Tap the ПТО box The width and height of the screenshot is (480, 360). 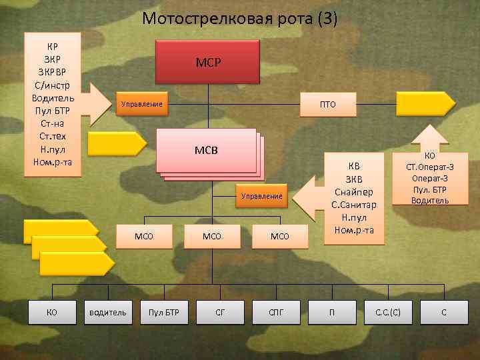(x=328, y=104)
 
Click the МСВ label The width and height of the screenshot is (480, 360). (x=207, y=148)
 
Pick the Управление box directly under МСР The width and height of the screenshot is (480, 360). (x=141, y=104)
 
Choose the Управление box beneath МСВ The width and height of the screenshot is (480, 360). (x=262, y=197)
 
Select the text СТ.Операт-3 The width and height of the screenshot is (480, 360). (x=430, y=167)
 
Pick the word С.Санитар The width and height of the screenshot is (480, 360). (x=354, y=205)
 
